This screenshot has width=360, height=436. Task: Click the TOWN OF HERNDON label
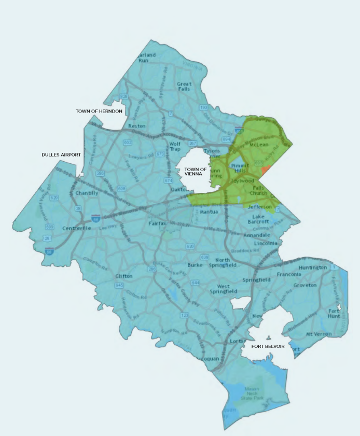99,111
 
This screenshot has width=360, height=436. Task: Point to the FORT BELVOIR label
268,346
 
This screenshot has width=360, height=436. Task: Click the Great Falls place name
185,87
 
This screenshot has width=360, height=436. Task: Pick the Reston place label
137,126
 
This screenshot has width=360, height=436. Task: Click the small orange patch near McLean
266,170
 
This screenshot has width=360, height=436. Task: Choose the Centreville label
76,228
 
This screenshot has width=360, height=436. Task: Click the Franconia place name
289,274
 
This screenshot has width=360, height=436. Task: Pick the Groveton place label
305,285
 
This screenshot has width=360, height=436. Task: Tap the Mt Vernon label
319,334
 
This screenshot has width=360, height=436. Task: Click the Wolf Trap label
175,147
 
